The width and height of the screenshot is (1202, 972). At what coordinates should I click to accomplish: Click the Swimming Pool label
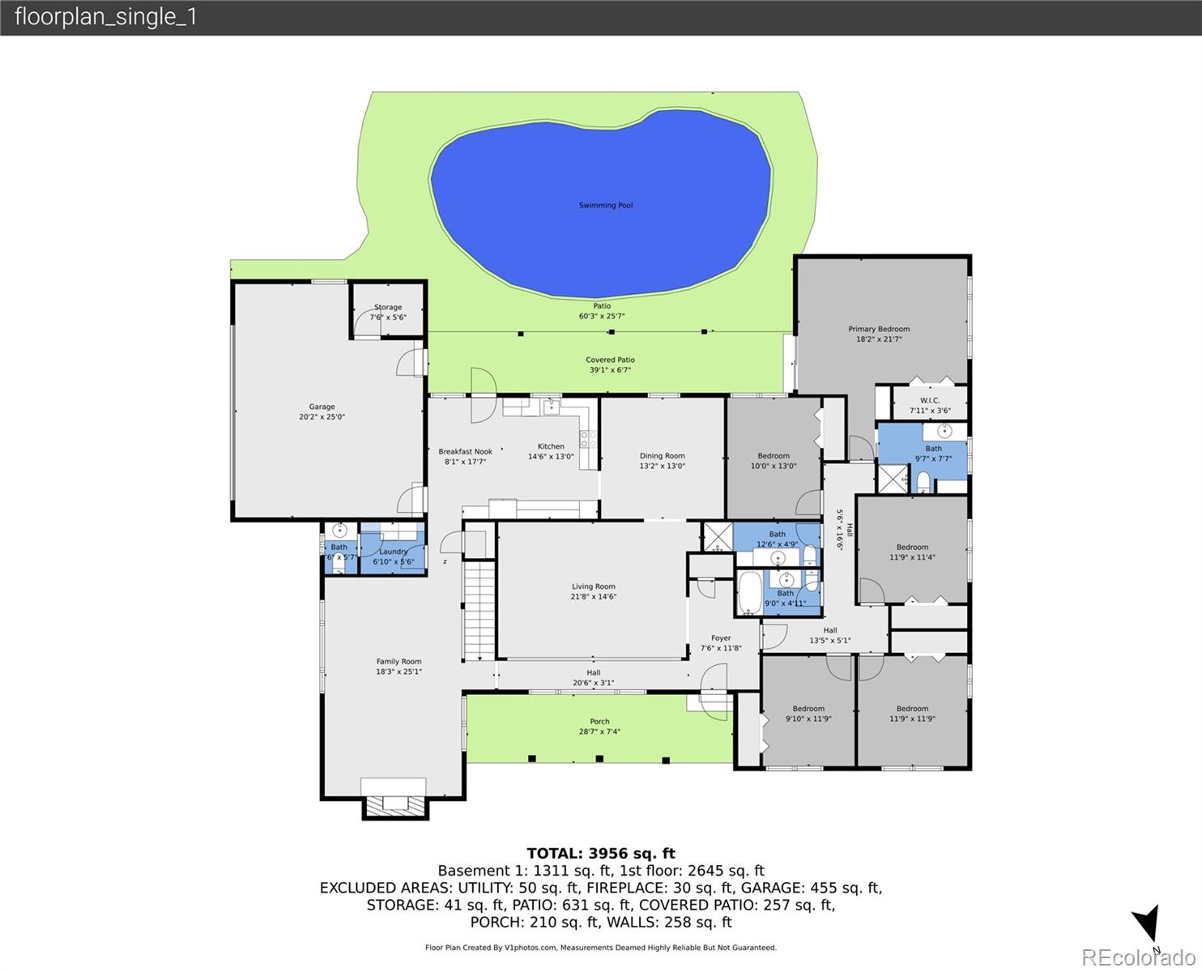(605, 206)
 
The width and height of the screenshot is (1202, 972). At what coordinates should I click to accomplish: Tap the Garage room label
(322, 407)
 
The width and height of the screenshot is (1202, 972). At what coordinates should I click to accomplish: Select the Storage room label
(388, 308)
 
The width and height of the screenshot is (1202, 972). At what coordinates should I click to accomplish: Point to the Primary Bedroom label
(879, 329)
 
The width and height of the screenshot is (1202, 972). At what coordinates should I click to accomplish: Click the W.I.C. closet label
(930, 401)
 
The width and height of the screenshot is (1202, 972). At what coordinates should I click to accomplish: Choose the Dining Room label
(662, 456)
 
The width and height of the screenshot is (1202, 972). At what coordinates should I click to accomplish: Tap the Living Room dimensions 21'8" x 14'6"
(594, 597)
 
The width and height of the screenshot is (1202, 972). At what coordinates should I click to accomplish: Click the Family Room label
(399, 662)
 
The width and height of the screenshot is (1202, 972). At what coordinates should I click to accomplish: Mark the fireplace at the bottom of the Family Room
(394, 804)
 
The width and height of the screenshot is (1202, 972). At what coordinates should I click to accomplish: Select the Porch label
(599, 722)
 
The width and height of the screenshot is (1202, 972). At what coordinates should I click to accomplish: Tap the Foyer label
(721, 638)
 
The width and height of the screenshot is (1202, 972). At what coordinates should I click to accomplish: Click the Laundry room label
(394, 552)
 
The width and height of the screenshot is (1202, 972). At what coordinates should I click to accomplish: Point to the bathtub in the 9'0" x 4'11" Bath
(749, 593)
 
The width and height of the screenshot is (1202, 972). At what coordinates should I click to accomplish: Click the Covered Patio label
(610, 360)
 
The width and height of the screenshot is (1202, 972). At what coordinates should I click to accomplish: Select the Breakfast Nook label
(466, 452)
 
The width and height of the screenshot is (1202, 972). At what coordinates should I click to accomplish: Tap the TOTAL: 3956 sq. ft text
(600, 853)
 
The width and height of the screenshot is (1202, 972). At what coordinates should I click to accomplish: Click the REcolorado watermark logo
(1137, 957)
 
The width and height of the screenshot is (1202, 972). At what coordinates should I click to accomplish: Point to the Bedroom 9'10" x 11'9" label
(808, 709)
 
